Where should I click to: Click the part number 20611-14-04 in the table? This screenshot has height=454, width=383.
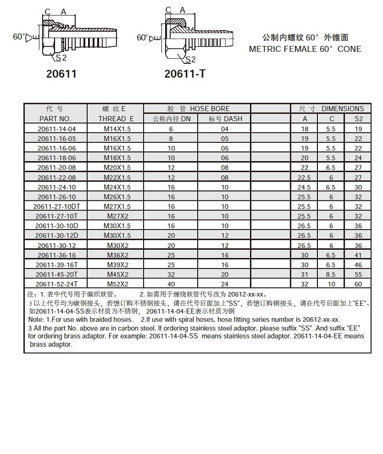coord(56,128)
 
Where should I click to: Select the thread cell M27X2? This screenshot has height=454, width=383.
coord(117,216)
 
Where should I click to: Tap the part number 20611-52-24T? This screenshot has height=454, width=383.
coord(56,284)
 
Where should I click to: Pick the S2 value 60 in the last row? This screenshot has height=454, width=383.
coord(358,284)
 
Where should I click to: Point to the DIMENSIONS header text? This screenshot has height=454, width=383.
coord(342,109)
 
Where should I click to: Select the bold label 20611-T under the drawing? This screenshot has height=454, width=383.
coord(185,74)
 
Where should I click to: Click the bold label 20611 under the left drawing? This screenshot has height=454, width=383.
coord(61,74)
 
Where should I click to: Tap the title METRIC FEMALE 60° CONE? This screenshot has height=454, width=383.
coord(305,49)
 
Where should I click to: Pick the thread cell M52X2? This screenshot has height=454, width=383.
coord(117,284)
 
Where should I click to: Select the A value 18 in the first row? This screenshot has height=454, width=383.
coord(305,128)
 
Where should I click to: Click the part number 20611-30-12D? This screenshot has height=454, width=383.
coord(56,235)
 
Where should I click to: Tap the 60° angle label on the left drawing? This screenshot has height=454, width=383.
coord(19,36)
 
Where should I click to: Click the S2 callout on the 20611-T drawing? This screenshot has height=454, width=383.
coord(190,59)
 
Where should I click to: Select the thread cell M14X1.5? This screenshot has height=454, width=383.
coord(117,128)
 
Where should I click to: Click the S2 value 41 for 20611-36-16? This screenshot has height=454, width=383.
coord(358,255)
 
